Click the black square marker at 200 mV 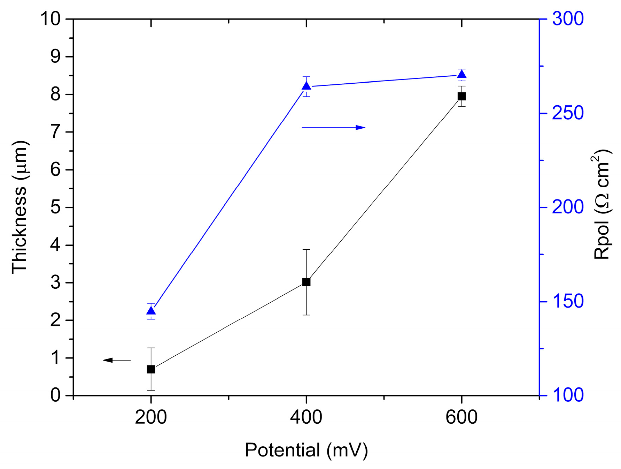click(151, 369)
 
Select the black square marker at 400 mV click(306, 282)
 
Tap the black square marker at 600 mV click(461, 96)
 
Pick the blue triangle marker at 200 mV click(151, 311)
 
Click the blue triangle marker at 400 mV click(306, 86)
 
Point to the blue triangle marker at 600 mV click(461, 74)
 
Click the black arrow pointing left click(117, 360)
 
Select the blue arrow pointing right click(333, 128)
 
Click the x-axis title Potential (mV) click(306, 450)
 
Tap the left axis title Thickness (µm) click(20, 207)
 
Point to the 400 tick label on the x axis click(306, 417)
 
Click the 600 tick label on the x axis click(461, 417)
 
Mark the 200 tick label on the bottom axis click(151, 417)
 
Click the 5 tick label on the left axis click(55, 207)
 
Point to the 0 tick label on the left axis click(55, 396)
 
